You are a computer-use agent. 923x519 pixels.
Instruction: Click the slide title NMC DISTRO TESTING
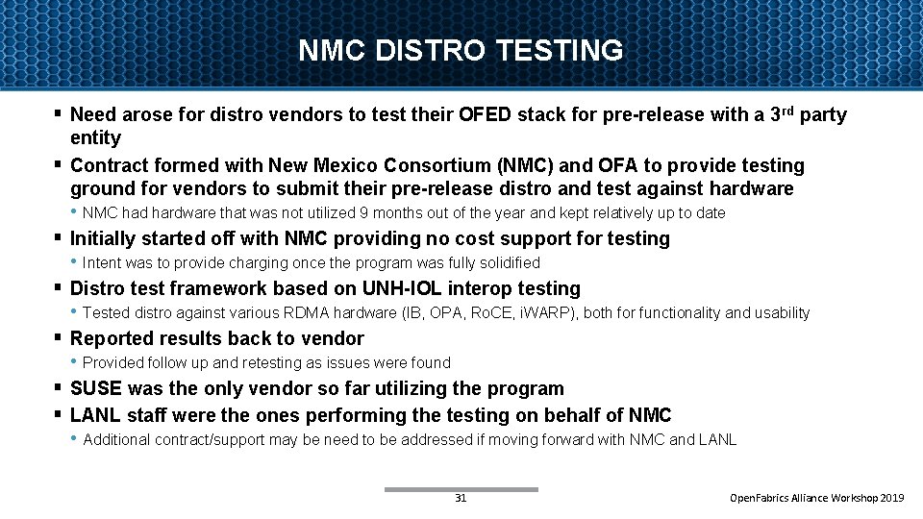click(x=461, y=50)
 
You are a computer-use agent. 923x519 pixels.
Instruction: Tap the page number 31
click(x=461, y=499)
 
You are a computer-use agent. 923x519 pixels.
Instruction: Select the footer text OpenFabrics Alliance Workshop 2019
click(x=817, y=499)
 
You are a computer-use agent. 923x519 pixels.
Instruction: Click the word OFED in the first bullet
click(x=486, y=115)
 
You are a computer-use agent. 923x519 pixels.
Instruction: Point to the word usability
click(x=780, y=313)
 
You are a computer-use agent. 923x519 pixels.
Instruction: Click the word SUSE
click(x=96, y=388)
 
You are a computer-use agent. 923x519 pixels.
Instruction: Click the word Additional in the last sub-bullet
click(x=116, y=440)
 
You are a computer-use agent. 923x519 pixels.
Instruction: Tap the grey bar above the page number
click(x=461, y=489)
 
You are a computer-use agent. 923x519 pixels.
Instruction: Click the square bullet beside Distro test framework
click(x=58, y=287)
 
